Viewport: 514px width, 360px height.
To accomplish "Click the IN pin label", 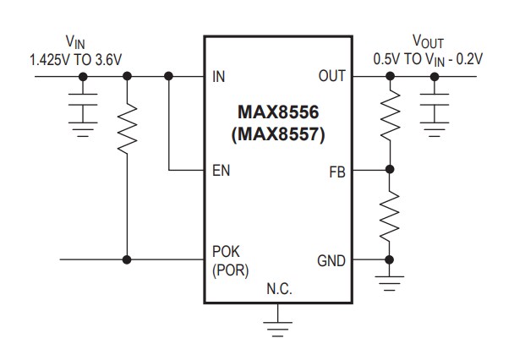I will coord(219,77).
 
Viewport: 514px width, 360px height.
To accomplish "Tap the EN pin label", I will coord(221,171).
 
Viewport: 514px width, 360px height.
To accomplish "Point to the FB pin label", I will coord(336,171).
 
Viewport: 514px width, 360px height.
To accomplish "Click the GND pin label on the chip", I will coord(330,260).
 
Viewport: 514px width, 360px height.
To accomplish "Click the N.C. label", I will coord(279,290).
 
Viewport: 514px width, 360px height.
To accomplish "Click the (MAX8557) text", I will coord(278,133).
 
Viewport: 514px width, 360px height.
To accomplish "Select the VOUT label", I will coord(429,41).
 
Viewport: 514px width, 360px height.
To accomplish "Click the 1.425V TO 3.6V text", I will coord(75,59).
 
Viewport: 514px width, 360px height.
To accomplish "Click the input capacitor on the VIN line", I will coord(82,108).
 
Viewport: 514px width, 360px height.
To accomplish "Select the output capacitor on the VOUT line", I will coord(435,108).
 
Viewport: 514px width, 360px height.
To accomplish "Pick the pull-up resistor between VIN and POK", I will coord(127,128).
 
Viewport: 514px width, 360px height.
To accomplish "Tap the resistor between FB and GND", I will coord(389,216).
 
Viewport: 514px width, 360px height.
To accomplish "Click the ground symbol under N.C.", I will coord(278,325).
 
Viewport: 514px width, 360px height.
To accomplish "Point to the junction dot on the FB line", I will coord(389,171).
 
